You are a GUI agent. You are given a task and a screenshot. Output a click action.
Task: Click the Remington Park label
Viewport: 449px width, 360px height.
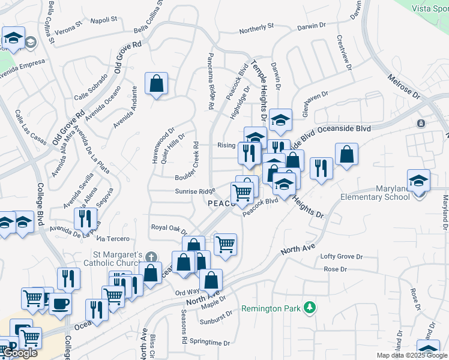tap(270, 308)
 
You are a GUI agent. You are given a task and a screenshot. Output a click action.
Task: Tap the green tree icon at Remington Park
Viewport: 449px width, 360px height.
tap(310, 308)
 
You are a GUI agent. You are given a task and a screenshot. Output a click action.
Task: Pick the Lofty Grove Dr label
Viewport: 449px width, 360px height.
tap(342, 256)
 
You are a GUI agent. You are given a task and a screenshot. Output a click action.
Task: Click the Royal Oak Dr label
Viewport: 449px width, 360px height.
tap(169, 229)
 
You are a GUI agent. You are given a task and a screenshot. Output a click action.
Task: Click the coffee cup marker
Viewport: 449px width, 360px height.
tap(59, 303)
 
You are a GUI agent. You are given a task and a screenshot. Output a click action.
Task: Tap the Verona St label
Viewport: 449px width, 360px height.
tap(67, 28)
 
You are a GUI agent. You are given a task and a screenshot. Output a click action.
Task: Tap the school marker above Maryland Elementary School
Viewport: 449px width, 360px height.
tap(418, 179)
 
